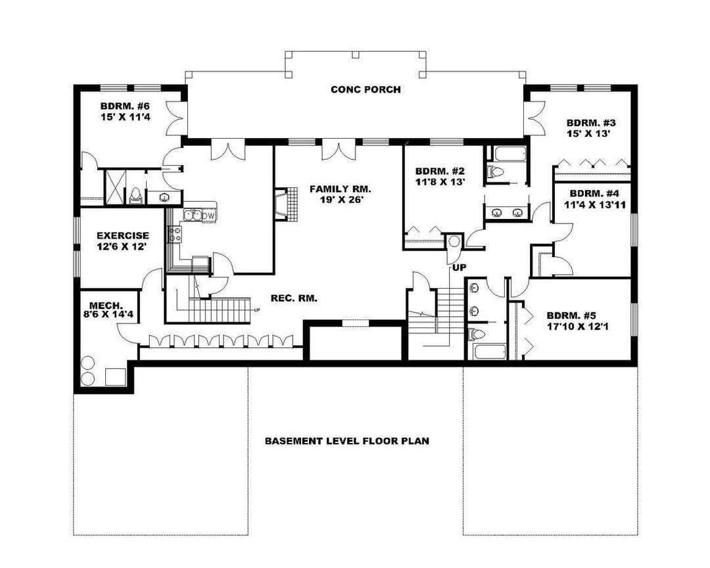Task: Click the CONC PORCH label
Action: pyautogui.click(x=366, y=89)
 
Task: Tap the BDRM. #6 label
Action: pyautogui.click(x=125, y=106)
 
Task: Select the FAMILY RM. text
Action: pyautogui.click(x=340, y=189)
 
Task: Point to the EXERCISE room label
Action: pyautogui.click(x=123, y=235)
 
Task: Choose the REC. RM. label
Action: pyautogui.click(x=294, y=298)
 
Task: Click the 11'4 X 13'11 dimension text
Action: pyautogui.click(x=594, y=204)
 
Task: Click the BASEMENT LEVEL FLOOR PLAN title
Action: pyautogui.click(x=347, y=440)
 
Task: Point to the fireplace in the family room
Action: pyautogui.click(x=286, y=204)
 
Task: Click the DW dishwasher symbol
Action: pyautogui.click(x=209, y=216)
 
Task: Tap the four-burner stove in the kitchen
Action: pyautogui.click(x=175, y=234)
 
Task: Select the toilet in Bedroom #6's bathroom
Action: pyautogui.click(x=135, y=195)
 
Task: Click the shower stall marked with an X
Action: pyautogui.click(x=114, y=187)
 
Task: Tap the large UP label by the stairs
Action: pyautogui.click(x=459, y=268)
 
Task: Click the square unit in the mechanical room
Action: pyautogui.click(x=116, y=377)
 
